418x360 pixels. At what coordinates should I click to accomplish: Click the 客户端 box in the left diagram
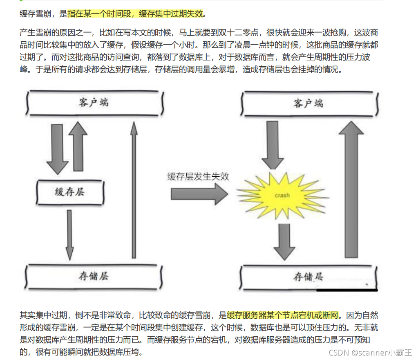[x=94, y=102]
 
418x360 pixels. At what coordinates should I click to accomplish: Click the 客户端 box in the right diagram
[x=309, y=103]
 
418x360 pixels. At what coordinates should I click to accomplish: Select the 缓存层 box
[x=70, y=191]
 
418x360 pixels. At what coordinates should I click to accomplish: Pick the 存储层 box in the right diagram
[x=308, y=277]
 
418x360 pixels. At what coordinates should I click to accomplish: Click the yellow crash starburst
[x=282, y=195]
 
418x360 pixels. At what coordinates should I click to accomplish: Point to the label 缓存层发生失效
[x=198, y=176]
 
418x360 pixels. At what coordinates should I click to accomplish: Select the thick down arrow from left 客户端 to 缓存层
[x=57, y=149]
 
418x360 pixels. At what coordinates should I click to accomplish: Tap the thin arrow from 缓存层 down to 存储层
[x=70, y=235]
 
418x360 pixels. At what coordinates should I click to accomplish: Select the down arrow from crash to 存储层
[x=284, y=241]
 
